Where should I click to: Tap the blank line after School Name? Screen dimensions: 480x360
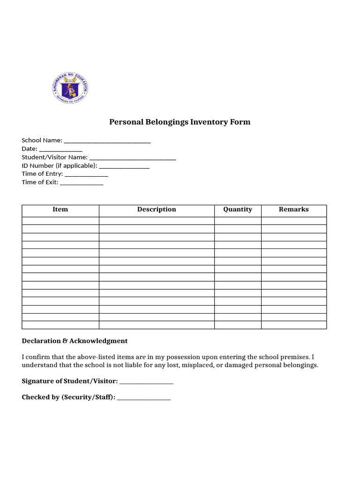tap(107, 141)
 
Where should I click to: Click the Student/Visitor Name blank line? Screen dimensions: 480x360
tap(133, 158)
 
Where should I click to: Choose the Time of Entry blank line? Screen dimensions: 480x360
tap(86, 175)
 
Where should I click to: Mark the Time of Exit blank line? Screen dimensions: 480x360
tap(82, 183)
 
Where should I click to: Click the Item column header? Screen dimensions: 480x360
tap(60, 210)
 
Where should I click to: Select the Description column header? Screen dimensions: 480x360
tap(157, 210)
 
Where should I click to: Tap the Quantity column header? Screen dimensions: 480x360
tap(238, 210)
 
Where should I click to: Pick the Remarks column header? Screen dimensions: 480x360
tap(293, 210)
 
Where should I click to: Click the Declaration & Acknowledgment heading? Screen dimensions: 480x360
tap(75, 341)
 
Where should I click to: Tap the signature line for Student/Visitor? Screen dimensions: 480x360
tap(146, 382)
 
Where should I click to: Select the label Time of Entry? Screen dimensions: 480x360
tap(42, 174)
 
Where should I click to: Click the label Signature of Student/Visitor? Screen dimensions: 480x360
tap(70, 381)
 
